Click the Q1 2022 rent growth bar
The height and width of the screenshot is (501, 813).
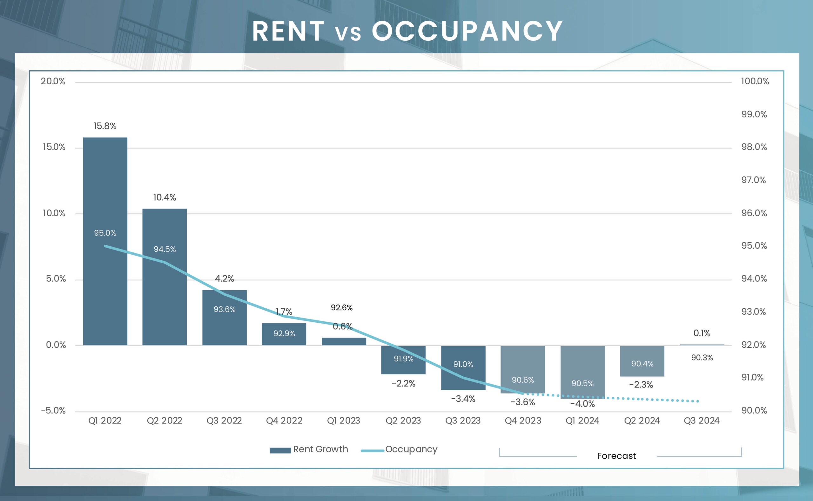pos(105,186)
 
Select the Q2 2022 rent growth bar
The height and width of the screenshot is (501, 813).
pos(165,232)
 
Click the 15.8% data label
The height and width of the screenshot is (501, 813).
pos(105,126)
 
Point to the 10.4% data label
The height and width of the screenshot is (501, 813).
pos(165,197)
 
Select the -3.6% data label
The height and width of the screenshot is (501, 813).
pos(523,402)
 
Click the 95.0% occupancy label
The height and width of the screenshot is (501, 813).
pos(105,233)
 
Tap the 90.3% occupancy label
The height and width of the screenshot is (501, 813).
pos(702,358)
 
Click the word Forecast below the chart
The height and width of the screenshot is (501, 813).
pos(616,456)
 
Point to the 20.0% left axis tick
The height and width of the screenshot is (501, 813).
pos(53,81)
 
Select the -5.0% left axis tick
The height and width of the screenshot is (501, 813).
pos(53,410)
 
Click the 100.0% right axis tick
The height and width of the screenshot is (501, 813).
pos(755,81)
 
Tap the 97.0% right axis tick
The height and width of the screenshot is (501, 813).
pos(753,180)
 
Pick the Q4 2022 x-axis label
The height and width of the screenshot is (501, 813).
pos(284,421)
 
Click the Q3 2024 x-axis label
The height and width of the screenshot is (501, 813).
pos(702,421)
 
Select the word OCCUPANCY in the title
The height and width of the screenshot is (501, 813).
pos(467,31)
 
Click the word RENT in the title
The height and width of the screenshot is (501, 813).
pos(288,31)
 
